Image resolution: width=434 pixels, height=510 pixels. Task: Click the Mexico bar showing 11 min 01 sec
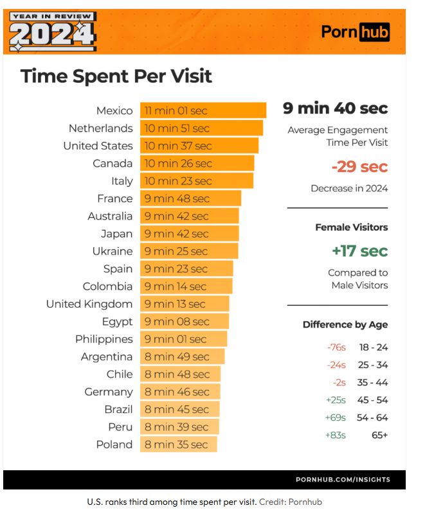(x=203, y=110)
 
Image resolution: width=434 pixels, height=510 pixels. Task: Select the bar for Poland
(x=179, y=444)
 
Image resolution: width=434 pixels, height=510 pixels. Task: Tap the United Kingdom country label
(x=89, y=304)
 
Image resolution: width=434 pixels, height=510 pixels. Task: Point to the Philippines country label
(x=104, y=339)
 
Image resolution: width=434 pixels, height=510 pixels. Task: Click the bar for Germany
(x=180, y=392)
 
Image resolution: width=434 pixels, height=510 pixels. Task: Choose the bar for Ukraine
(x=189, y=251)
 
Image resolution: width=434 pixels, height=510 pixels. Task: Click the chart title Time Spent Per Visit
(x=116, y=76)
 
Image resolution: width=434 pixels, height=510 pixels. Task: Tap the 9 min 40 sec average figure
(x=335, y=108)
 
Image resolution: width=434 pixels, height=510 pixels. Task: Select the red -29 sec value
(x=359, y=167)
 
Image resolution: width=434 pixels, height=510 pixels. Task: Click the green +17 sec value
(x=359, y=251)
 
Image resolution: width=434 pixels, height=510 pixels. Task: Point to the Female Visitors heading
(x=351, y=227)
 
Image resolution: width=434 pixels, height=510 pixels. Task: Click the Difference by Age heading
(x=345, y=324)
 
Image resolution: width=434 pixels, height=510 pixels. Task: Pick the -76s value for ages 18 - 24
(x=336, y=347)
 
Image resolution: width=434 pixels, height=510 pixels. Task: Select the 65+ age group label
(x=379, y=435)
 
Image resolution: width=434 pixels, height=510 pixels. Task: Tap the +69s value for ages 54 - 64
(x=336, y=418)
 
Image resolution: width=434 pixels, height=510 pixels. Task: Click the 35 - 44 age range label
(x=373, y=383)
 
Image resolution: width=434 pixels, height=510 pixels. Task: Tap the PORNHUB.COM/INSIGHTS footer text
(x=342, y=480)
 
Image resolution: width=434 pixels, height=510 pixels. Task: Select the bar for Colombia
(x=186, y=286)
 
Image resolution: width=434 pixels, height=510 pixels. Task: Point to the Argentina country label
(x=107, y=356)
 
